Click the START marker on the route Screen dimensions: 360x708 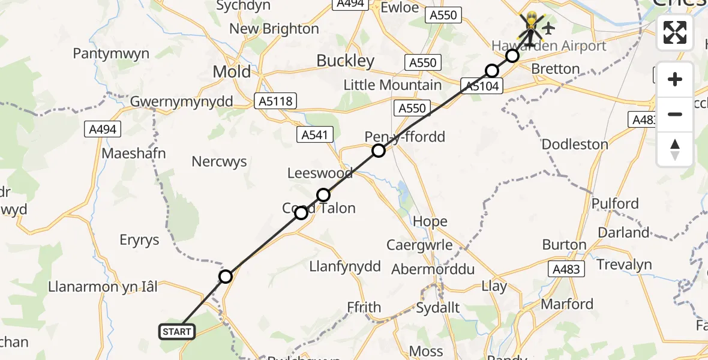(x=177, y=331)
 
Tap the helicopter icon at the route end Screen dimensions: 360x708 (x=531, y=26)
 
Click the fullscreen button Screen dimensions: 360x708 (x=675, y=32)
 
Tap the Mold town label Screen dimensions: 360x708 (x=232, y=72)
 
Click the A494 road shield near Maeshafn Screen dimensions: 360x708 (x=103, y=129)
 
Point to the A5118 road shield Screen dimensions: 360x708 (x=276, y=101)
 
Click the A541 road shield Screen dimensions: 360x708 (x=315, y=135)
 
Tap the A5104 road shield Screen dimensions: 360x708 (x=480, y=87)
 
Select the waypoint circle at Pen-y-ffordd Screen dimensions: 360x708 (x=379, y=151)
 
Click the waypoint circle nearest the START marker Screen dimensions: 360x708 (x=226, y=277)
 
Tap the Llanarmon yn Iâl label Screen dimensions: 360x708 (x=103, y=287)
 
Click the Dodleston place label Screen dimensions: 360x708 (x=574, y=145)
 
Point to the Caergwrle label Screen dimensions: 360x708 (x=419, y=245)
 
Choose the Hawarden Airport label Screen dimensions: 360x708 (x=548, y=46)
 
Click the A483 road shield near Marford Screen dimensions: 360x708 (x=566, y=269)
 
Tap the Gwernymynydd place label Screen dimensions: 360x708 (x=181, y=101)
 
